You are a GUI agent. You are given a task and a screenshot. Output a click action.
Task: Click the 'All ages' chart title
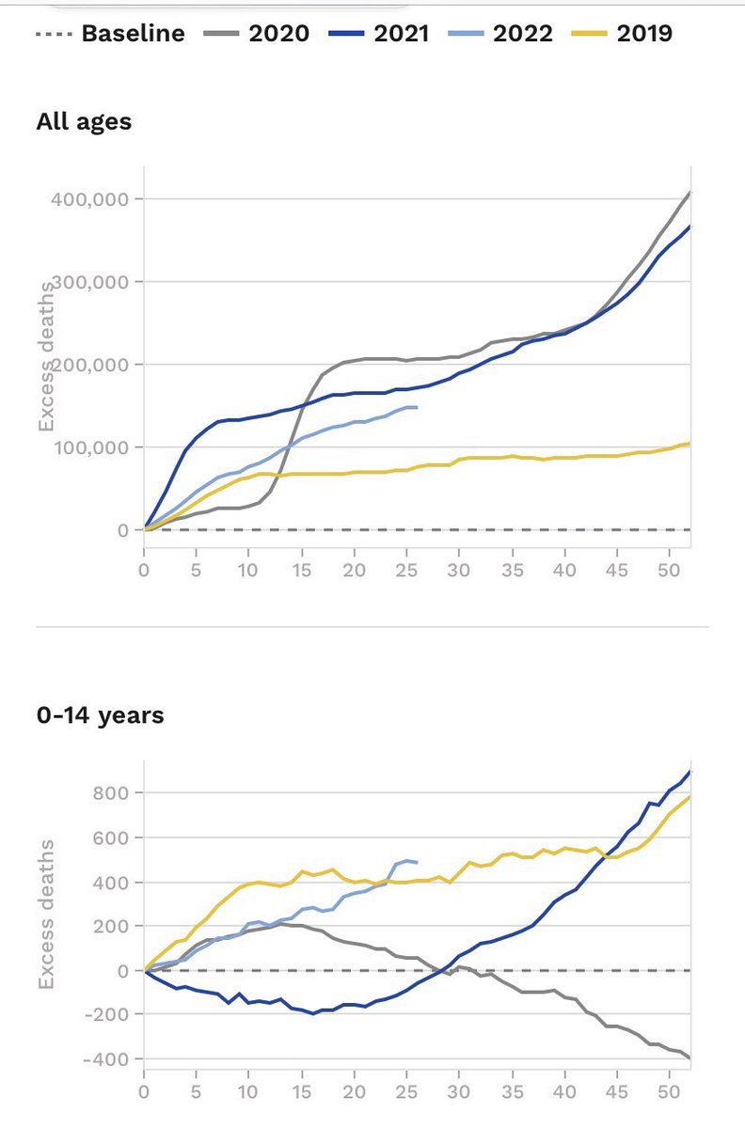pyautogui.click(x=84, y=121)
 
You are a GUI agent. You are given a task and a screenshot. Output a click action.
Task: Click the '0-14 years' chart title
pyautogui.click(x=100, y=715)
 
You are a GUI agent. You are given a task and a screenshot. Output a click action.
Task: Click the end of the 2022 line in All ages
pyautogui.click(x=417, y=407)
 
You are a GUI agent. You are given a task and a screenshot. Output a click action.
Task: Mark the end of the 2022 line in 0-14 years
pyautogui.click(x=417, y=862)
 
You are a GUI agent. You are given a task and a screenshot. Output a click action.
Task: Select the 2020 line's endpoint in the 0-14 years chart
pyautogui.click(x=690, y=1058)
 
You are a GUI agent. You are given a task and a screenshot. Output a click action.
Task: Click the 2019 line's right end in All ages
pyautogui.click(x=690, y=444)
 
